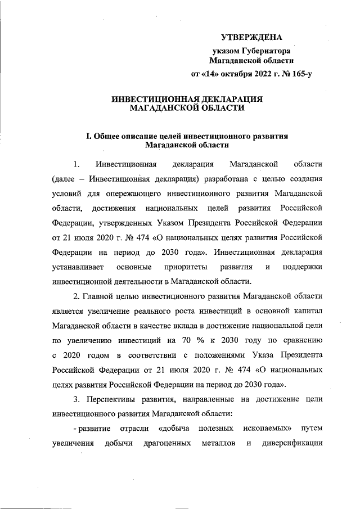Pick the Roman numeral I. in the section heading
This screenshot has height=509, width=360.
(x=88, y=136)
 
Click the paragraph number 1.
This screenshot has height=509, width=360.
(x=76, y=164)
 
